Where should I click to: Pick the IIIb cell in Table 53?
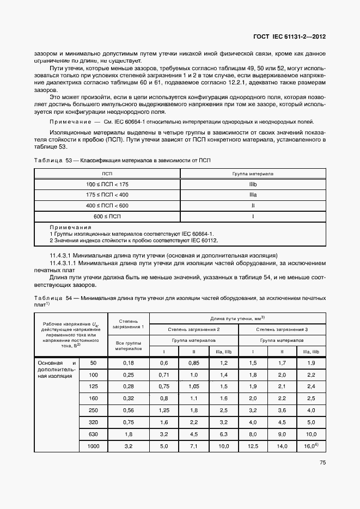click(x=253, y=185)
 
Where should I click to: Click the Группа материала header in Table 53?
click(x=253, y=174)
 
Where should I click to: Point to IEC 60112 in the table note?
click(x=205, y=240)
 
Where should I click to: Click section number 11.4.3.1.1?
click(x=66, y=263)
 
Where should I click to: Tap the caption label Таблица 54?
click(x=52, y=298)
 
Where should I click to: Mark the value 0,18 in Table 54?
click(x=129, y=363)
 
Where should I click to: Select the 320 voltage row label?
click(x=93, y=421)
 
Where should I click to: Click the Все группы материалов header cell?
click(x=129, y=345)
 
